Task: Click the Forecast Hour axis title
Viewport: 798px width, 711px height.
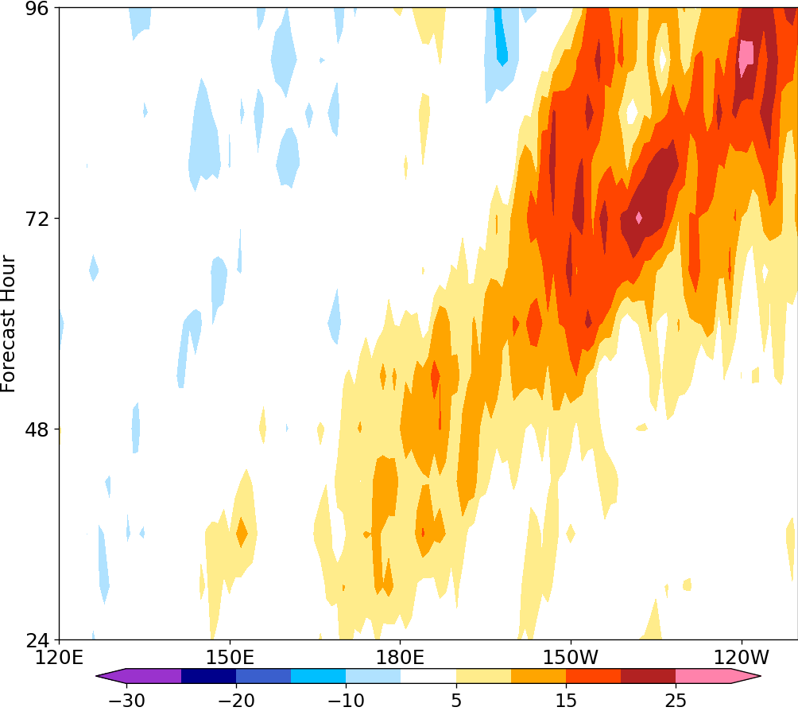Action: [x=9, y=324]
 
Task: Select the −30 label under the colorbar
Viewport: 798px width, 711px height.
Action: [x=126, y=700]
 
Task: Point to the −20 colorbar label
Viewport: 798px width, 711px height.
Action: [x=235, y=700]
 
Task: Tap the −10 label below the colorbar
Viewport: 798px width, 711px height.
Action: [x=345, y=700]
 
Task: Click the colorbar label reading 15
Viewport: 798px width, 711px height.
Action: [x=565, y=700]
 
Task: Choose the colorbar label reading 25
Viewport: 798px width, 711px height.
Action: [x=675, y=700]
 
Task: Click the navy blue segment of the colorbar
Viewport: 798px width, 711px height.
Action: [x=208, y=676]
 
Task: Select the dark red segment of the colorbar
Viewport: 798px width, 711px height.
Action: [x=648, y=676]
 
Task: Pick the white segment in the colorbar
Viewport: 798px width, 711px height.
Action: [x=428, y=676]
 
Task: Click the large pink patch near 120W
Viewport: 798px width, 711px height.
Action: [x=746, y=54]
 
